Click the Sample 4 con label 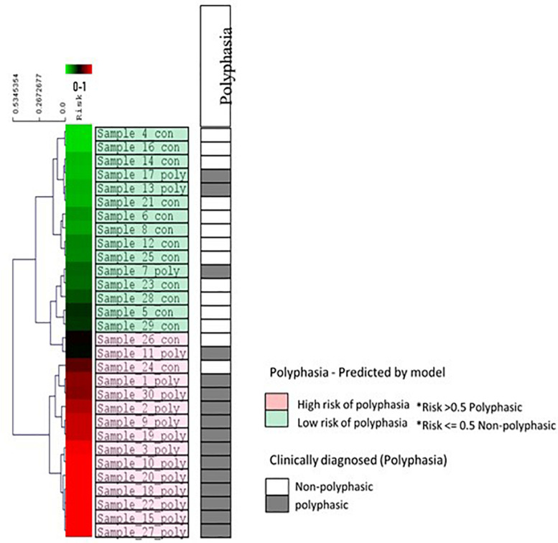[x=141, y=133]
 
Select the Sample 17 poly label [x=141, y=175]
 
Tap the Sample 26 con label [x=141, y=338]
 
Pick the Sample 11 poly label [x=141, y=352]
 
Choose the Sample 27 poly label [x=141, y=530]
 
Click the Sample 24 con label [x=141, y=366]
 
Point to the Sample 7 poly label [x=141, y=270]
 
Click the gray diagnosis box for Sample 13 [x=215, y=188]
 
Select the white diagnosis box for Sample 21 [x=215, y=203]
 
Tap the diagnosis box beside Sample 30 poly [x=215, y=394]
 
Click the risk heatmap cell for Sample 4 [x=78, y=133]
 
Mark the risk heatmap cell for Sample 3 [x=78, y=448]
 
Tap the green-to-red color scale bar [x=78, y=70]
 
